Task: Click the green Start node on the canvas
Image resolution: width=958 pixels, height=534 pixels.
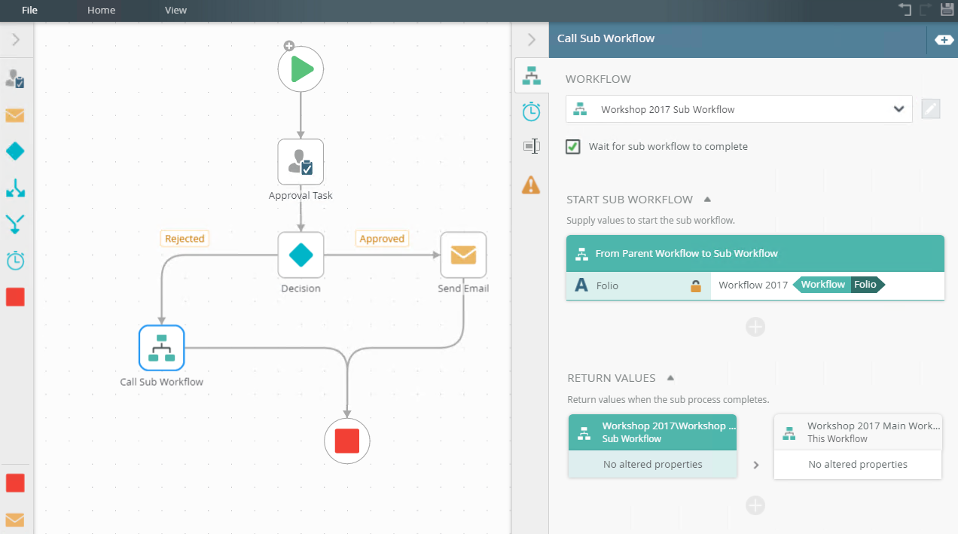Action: (x=301, y=69)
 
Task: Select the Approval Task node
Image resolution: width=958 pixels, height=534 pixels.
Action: (x=301, y=162)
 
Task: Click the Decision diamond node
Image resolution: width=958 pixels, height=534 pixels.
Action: (x=301, y=255)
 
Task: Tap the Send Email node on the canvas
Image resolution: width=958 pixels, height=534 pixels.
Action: (x=463, y=255)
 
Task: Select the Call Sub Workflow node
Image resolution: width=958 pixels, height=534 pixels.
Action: (x=161, y=348)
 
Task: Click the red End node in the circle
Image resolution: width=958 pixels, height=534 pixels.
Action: (x=347, y=441)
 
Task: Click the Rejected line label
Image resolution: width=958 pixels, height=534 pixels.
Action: (x=185, y=239)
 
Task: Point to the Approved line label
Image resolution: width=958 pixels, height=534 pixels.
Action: (x=382, y=239)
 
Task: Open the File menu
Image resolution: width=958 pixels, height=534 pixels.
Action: (x=29, y=11)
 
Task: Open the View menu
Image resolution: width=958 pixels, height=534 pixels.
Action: (x=175, y=11)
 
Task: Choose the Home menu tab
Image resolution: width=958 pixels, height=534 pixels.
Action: (x=102, y=11)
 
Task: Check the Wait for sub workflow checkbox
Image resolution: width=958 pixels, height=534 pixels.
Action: (x=572, y=147)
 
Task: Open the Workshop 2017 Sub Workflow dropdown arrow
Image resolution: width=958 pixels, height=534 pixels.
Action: (x=899, y=109)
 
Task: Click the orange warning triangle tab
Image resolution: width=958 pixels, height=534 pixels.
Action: (x=531, y=185)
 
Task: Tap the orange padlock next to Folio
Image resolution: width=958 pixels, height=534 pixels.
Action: (x=696, y=285)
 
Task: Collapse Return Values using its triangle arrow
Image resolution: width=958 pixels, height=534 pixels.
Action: (x=670, y=378)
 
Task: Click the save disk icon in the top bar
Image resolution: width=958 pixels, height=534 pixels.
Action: (x=947, y=9)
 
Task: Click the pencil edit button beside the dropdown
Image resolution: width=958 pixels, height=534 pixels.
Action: (x=931, y=109)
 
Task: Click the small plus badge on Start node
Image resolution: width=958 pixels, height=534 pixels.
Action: (x=289, y=46)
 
